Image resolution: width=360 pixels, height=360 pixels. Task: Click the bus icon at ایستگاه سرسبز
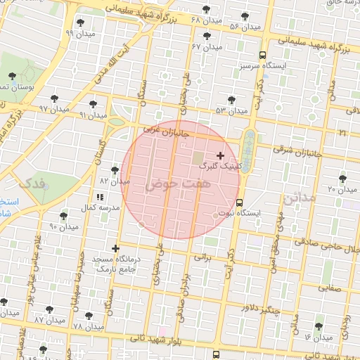click(262, 55)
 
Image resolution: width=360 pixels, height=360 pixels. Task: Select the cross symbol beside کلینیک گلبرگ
click(220, 155)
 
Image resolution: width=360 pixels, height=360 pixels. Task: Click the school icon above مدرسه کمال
click(98, 197)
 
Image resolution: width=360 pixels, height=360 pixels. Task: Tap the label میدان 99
click(79, 33)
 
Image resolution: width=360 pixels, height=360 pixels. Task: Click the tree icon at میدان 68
click(205, 10)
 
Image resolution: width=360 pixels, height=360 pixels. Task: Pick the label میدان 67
click(206, 46)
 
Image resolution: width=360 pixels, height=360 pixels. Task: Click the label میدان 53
click(232, 110)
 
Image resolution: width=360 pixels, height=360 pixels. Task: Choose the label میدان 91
click(93, 115)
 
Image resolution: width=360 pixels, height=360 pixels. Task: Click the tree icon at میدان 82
click(115, 170)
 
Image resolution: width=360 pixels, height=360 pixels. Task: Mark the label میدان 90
click(63, 226)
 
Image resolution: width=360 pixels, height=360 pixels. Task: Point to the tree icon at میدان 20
click(342, 179)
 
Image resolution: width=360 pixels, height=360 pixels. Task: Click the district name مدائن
click(300, 198)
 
